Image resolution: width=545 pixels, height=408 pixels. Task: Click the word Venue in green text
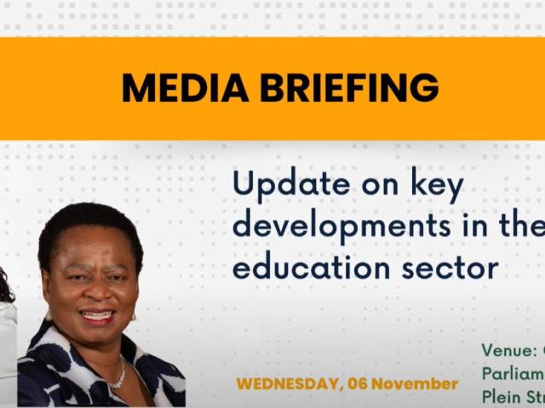pyautogui.click(x=508, y=350)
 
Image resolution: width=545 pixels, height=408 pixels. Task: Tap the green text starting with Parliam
pyautogui.click(x=513, y=374)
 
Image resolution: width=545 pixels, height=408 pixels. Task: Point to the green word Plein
pyautogui.click(x=502, y=398)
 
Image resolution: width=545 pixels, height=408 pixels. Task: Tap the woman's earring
pyautogui.click(x=134, y=317)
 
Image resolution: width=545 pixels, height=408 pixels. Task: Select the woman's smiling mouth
pyautogui.click(x=96, y=316)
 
